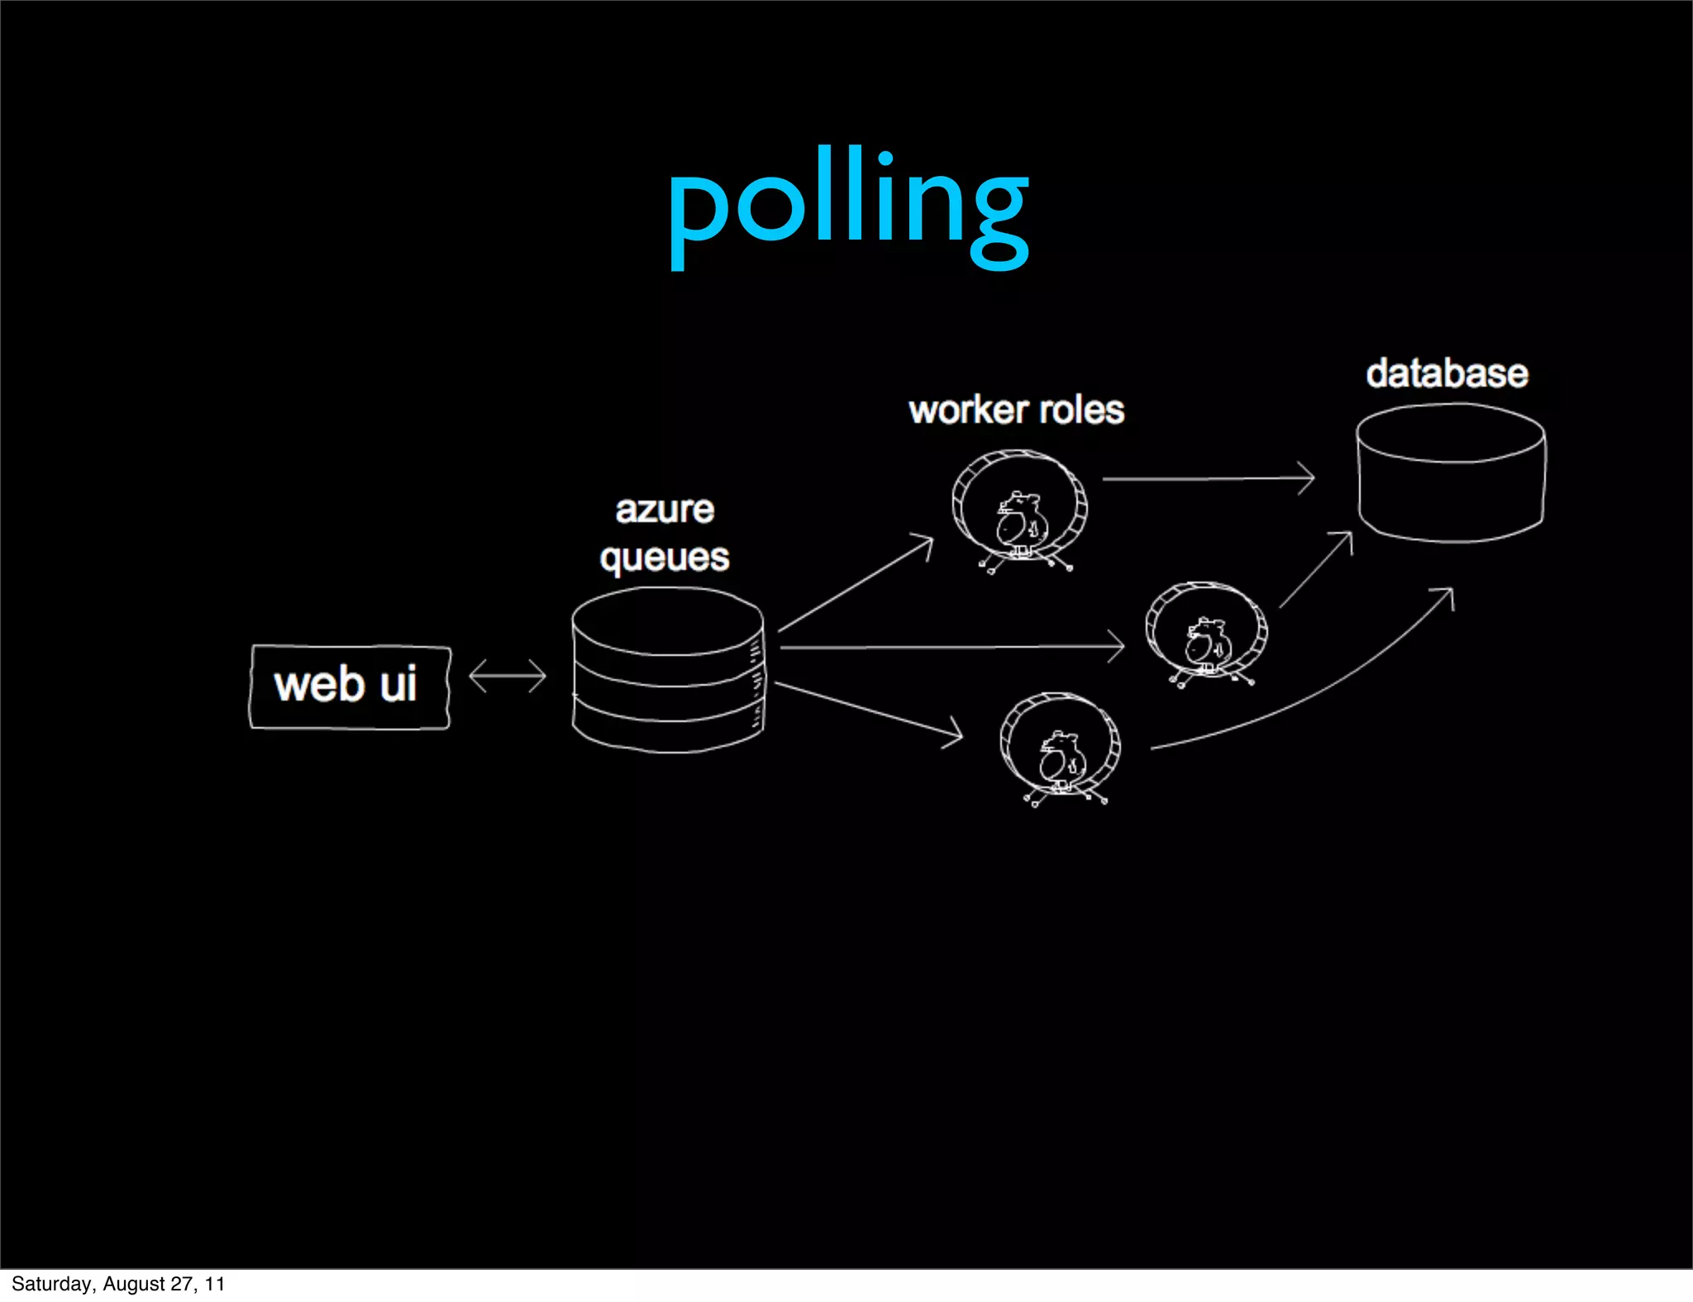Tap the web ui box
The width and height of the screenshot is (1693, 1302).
click(350, 687)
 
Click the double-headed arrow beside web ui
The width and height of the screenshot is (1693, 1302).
click(508, 676)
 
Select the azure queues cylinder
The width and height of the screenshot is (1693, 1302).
click(668, 671)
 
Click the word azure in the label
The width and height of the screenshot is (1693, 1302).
click(665, 510)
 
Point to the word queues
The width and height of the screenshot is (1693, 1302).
click(665, 558)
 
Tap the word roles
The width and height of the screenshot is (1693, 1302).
click(1082, 411)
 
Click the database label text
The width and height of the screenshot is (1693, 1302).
click(1447, 373)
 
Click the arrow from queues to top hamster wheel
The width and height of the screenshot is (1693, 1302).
click(856, 584)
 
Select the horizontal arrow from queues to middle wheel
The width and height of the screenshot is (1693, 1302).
click(951, 647)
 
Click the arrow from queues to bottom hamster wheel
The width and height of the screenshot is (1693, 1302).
click(868, 710)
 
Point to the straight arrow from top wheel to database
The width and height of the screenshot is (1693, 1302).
click(1207, 478)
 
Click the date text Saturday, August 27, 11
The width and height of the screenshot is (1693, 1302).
click(118, 1284)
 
